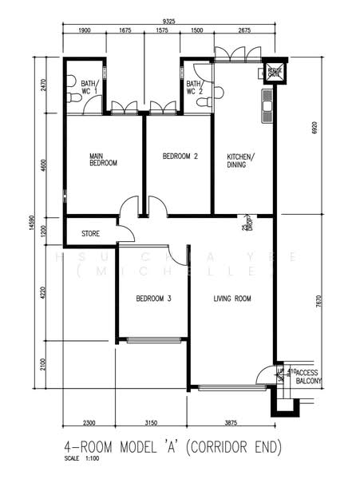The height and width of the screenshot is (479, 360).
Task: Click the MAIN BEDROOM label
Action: pyautogui.click(x=104, y=159)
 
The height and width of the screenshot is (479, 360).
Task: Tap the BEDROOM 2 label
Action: pyautogui.click(x=180, y=156)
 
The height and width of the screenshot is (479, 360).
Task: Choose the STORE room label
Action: pyautogui.click(x=90, y=234)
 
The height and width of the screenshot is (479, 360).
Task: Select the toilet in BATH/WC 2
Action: pyautogui.click(x=216, y=92)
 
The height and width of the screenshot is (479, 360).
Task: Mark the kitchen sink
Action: pyautogui.click(x=267, y=101)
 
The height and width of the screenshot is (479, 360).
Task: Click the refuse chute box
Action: pyautogui.click(x=275, y=72)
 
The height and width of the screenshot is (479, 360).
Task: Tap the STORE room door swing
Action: pyautogui.click(x=125, y=232)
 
